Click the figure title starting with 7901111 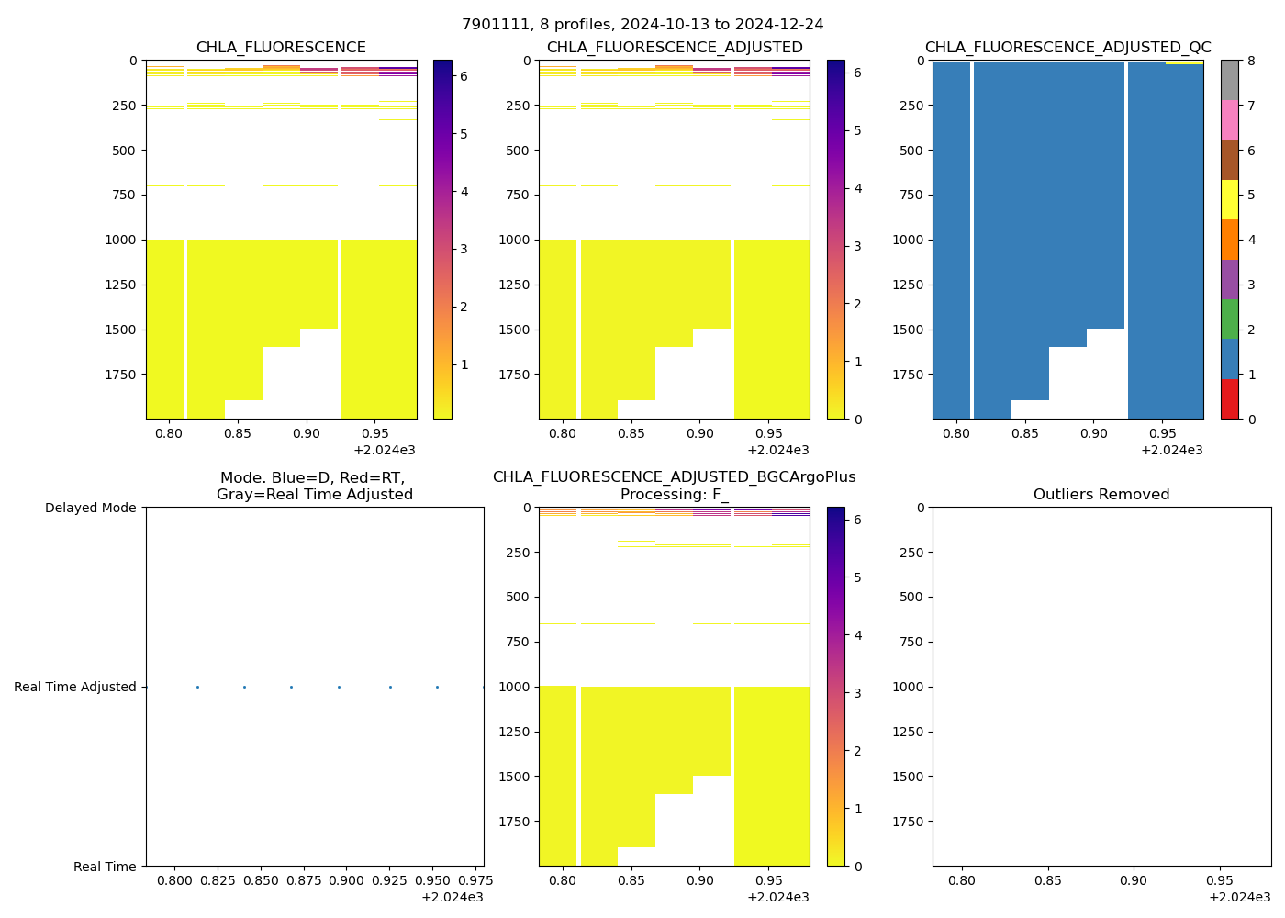point(642,25)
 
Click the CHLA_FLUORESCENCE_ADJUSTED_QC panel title point(1067,48)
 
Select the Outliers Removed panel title point(1101,495)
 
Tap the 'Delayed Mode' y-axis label point(90,508)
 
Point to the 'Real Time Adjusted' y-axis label point(75,687)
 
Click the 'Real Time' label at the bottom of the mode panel point(105,867)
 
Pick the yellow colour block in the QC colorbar point(1229,199)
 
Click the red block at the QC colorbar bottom point(1229,399)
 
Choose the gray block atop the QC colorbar point(1229,80)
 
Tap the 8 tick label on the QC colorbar point(1251,61)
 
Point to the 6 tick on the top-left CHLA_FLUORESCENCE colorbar point(464,76)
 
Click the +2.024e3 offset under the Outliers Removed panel point(1239,897)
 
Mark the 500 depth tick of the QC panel point(909,151)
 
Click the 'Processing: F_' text point(674,495)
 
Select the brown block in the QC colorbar point(1229,160)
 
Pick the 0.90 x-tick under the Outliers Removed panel point(1133,881)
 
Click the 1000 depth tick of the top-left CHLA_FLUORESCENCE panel point(121,240)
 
